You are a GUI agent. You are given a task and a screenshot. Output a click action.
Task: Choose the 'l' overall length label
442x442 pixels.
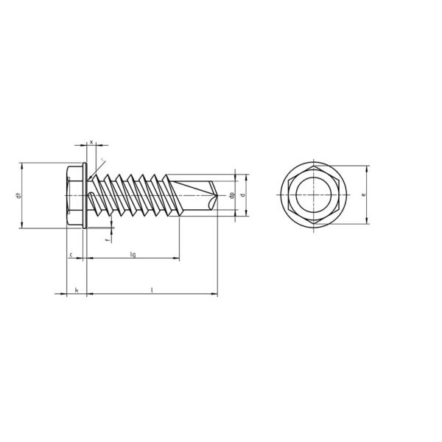[152, 290]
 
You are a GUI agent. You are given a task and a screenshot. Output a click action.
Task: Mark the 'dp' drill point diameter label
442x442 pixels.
[232, 195]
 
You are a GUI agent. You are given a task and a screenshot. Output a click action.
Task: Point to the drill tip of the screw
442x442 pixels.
[218, 195]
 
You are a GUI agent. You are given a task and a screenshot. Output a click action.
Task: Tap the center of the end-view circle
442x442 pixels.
[313, 196]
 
